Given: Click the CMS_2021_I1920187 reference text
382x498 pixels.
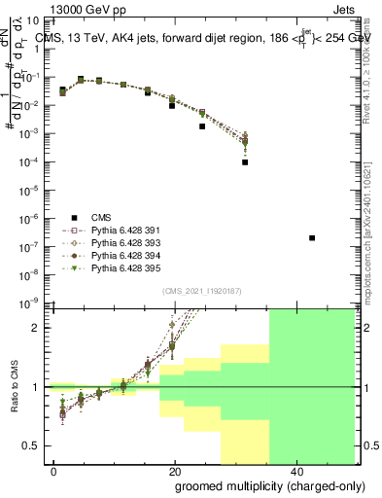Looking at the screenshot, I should [200, 290].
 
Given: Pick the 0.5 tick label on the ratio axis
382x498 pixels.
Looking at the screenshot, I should [34, 445].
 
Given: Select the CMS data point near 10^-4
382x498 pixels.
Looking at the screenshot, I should [245, 162].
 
